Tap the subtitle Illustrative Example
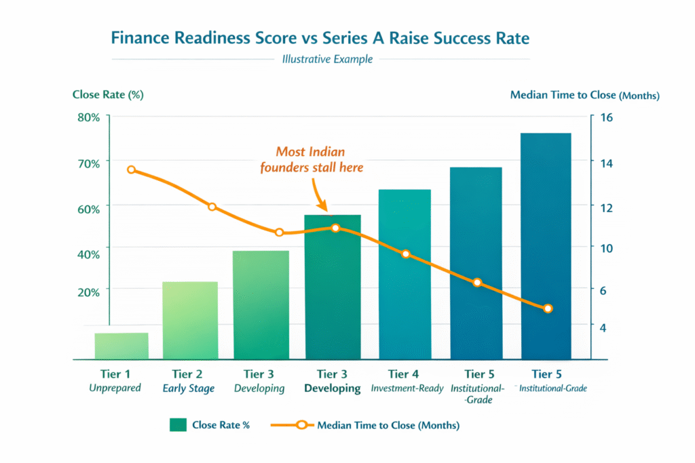[327, 59]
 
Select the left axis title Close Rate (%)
[108, 94]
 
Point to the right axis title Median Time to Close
[584, 95]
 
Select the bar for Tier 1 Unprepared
[121, 346]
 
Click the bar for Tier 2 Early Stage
[191, 320]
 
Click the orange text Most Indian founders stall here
[312, 159]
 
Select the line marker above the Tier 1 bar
[132, 170]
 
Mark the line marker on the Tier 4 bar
[406, 254]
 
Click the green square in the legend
[178, 425]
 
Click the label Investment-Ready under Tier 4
[407, 388]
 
